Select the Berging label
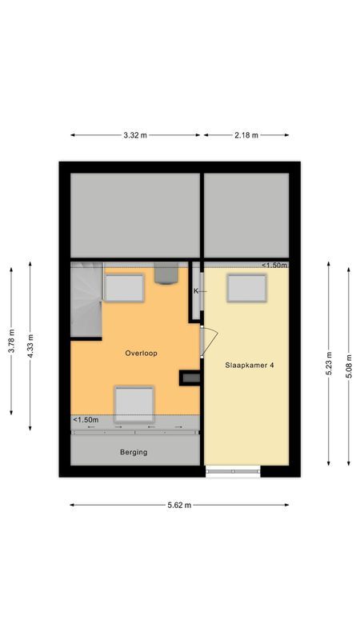pos(134,452)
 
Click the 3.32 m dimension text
pos(135,135)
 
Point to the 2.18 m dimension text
pos(246,135)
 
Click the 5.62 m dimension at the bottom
pos(178,505)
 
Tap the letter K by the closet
pos(195,292)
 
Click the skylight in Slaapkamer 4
pos(246,288)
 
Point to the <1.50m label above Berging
pos(86,420)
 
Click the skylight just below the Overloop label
pos(134,402)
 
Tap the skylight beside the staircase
pos(124,287)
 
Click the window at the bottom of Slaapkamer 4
pos(233,471)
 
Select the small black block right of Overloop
pos(190,378)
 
